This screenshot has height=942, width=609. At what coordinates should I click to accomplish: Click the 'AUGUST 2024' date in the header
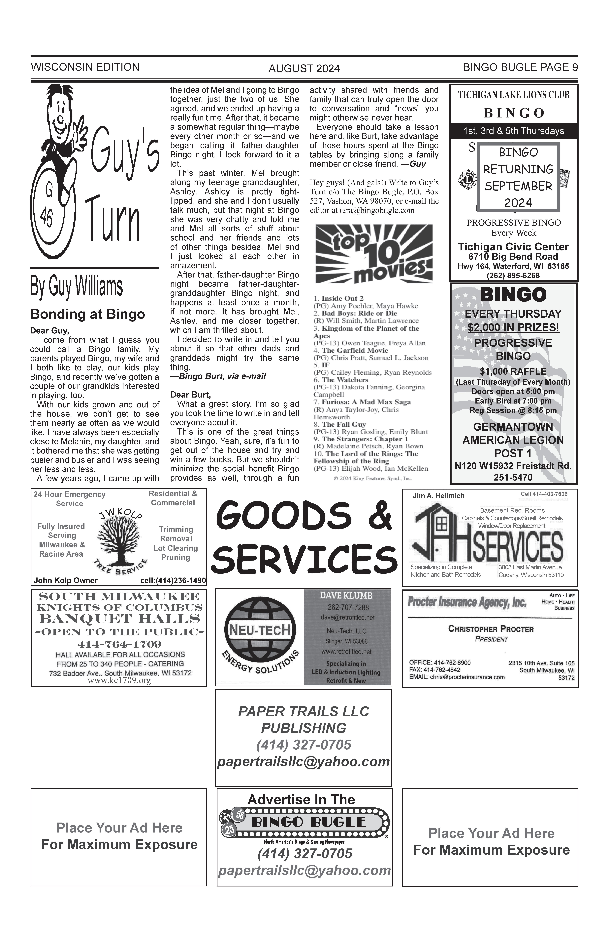(304, 69)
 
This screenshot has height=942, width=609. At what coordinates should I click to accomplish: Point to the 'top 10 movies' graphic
(373, 254)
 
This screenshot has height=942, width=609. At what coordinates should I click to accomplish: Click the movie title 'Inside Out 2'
(342, 298)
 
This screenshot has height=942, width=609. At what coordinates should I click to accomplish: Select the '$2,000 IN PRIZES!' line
(513, 328)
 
